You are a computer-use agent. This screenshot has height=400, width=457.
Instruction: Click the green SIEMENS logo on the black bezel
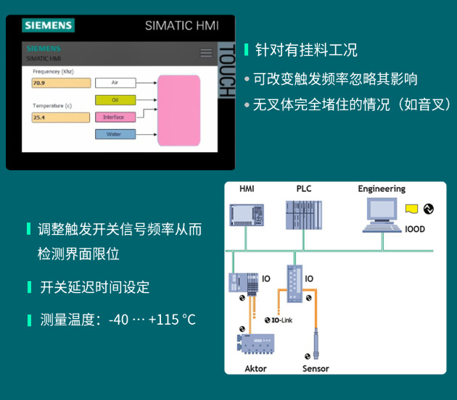(48, 25)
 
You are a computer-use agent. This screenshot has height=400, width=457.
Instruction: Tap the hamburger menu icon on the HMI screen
(206, 53)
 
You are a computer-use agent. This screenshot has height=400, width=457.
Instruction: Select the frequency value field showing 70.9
(61, 83)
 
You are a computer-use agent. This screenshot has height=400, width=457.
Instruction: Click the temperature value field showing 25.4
(61, 117)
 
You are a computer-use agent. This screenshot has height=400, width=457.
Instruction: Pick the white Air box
(115, 83)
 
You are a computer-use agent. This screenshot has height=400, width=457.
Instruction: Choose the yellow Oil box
(115, 100)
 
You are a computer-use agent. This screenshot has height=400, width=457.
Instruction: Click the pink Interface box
(115, 117)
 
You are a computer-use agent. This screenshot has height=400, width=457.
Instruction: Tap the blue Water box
(115, 134)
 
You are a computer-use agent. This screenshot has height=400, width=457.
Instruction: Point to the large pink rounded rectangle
(179, 110)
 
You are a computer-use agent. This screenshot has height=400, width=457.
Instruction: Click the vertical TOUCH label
(227, 70)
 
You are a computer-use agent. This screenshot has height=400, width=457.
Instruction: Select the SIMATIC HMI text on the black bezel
(182, 25)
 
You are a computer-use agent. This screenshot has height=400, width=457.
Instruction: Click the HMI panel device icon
(247, 215)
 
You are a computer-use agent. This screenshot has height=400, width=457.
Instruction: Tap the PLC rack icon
(304, 215)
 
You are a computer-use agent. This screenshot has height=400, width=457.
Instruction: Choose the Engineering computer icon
(382, 215)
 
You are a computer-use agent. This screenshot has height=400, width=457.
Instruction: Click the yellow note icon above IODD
(411, 209)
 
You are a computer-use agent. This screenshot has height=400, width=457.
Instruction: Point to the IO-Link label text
(282, 320)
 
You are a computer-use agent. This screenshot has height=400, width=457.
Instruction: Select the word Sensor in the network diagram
(316, 369)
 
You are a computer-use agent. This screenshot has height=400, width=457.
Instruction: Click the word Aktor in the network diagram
(255, 369)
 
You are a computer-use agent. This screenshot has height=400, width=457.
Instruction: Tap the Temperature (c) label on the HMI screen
(52, 106)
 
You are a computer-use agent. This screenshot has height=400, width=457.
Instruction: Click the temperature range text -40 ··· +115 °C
(152, 320)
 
